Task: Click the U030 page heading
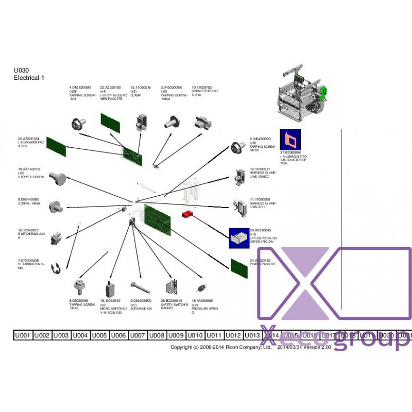21,71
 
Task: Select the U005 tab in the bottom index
99,335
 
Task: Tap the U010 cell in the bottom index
195,335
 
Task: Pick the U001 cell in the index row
23,335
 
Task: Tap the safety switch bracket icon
172,286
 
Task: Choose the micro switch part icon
110,288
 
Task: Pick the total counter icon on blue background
239,238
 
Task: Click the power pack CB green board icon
239,267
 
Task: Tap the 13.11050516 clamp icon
141,122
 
